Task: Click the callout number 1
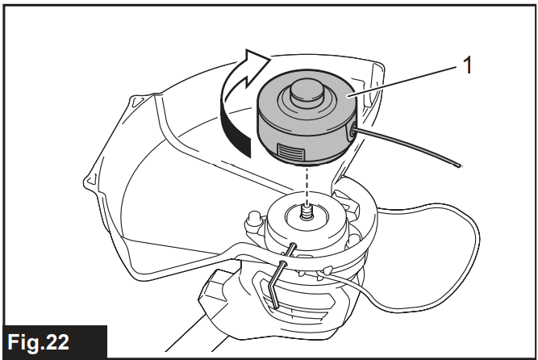pyautogui.click(x=467, y=65)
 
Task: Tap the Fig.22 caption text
pyautogui.click(x=38, y=341)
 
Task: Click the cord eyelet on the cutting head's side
pyautogui.click(x=352, y=132)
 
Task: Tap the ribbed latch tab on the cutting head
pyautogui.click(x=291, y=152)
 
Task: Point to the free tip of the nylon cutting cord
pyautogui.click(x=459, y=165)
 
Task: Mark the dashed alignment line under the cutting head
pyautogui.click(x=307, y=184)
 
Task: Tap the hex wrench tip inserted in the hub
pyautogui.click(x=294, y=245)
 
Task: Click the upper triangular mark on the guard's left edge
pyautogui.click(x=136, y=100)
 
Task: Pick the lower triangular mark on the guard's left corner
pyautogui.click(x=90, y=180)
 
